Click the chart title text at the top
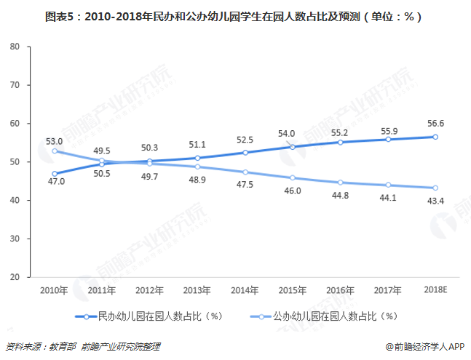235,15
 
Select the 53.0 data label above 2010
53,141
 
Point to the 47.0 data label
55,181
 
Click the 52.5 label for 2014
245,140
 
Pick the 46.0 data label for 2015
291,191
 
